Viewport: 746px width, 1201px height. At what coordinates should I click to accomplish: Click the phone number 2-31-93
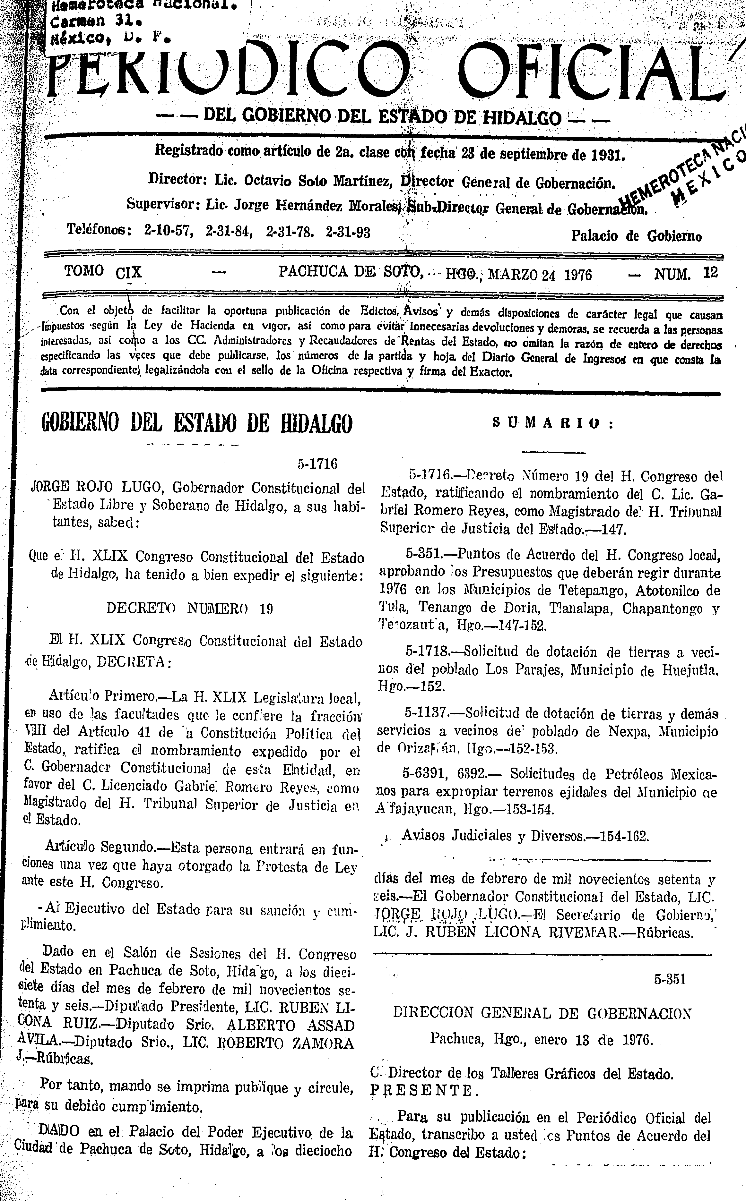click(x=348, y=232)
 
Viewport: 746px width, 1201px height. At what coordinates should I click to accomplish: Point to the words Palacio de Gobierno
click(x=637, y=236)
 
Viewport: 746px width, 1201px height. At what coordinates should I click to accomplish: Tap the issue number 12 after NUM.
click(x=710, y=273)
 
